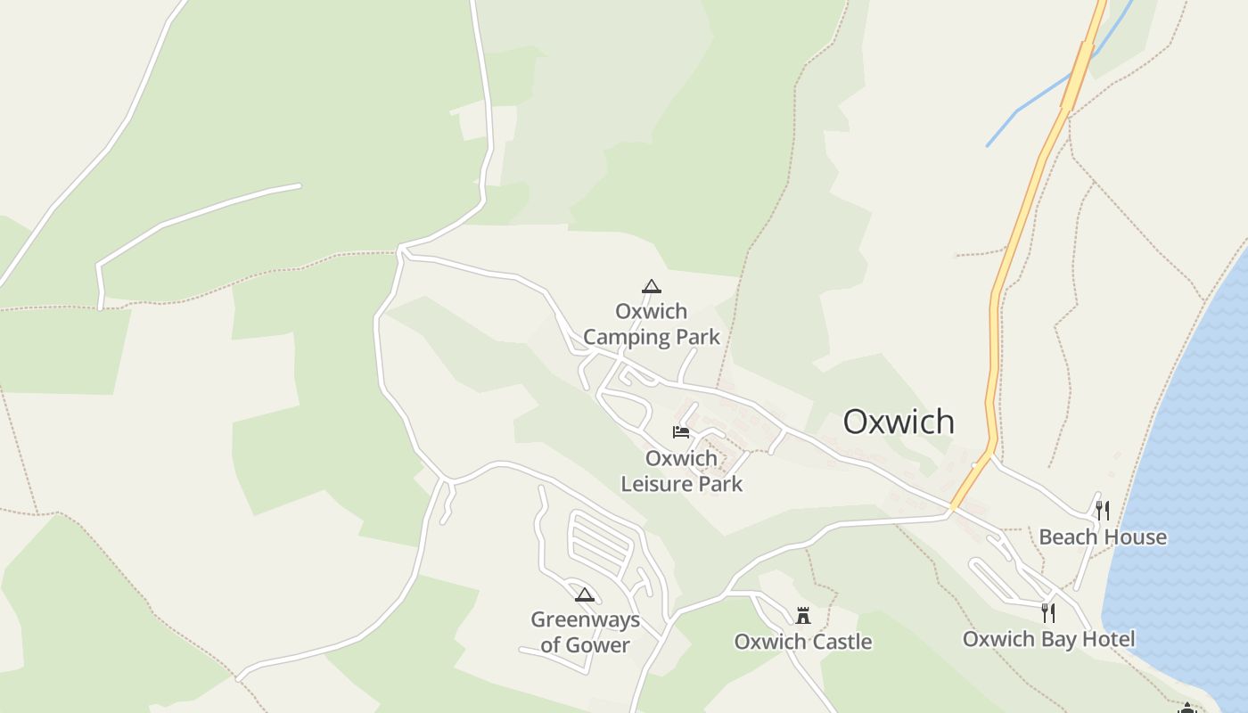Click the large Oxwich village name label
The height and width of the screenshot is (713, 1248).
pyautogui.click(x=899, y=422)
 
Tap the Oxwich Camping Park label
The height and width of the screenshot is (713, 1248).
pyautogui.click(x=651, y=324)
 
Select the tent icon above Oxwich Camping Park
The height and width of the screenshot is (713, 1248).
pyautogui.click(x=652, y=286)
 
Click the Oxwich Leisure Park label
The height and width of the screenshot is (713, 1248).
pyautogui.click(x=681, y=471)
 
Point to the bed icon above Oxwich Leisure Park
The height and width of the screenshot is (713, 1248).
pyautogui.click(x=681, y=432)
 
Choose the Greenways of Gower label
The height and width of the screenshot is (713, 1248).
pyautogui.click(x=585, y=632)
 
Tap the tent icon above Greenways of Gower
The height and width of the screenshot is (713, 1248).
pyautogui.click(x=585, y=594)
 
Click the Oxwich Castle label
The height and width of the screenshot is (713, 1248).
pyautogui.click(x=802, y=642)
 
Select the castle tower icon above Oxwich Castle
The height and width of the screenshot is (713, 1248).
pyautogui.click(x=803, y=615)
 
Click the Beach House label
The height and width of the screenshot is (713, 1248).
pyautogui.click(x=1103, y=537)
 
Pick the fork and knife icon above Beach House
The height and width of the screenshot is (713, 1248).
pyautogui.click(x=1103, y=510)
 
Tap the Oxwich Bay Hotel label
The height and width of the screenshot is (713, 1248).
pyautogui.click(x=1048, y=639)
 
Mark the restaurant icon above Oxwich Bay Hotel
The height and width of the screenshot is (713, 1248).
pyautogui.click(x=1048, y=612)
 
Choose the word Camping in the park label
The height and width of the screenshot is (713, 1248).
pyautogui.click(x=627, y=337)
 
